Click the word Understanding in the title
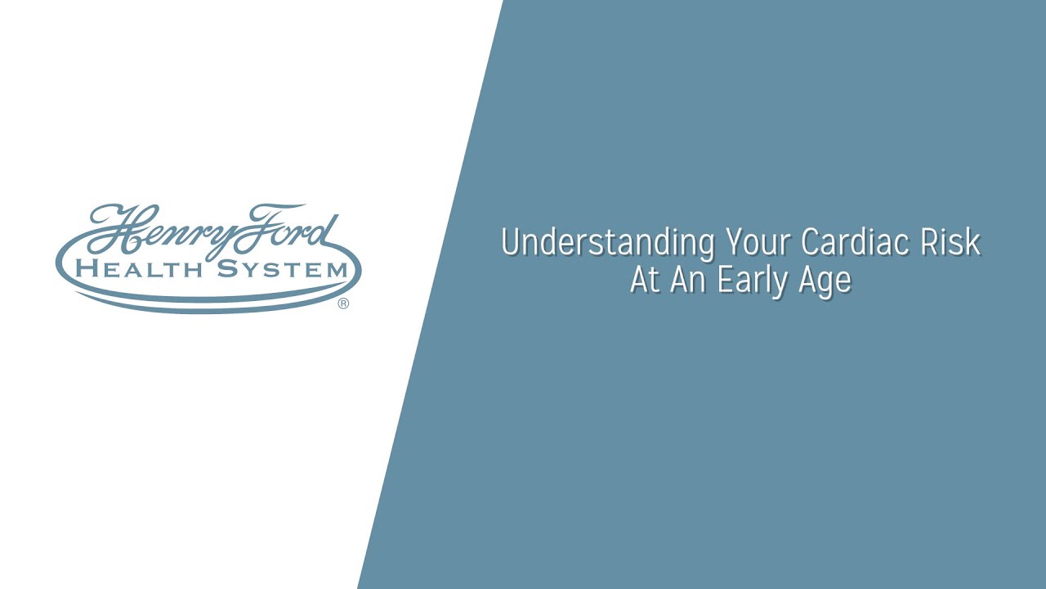coord(608,243)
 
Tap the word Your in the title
coord(758,241)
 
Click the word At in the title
coord(646,280)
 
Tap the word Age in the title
coord(825,282)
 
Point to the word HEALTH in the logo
coord(139,270)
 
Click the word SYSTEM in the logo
coord(283,270)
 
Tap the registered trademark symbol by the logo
coord(343,303)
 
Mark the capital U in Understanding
coord(512,241)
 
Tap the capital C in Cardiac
coord(810,241)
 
